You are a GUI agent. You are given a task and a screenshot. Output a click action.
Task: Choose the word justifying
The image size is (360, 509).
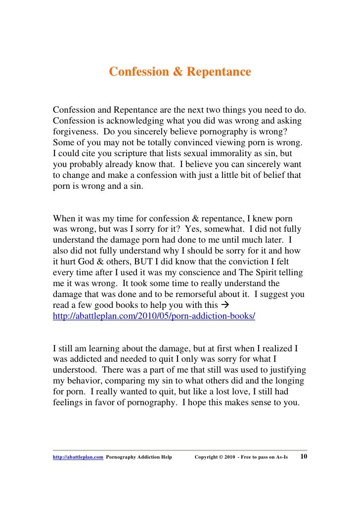click(x=284, y=370)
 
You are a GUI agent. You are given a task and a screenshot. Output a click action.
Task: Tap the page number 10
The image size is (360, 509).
click(x=304, y=456)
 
